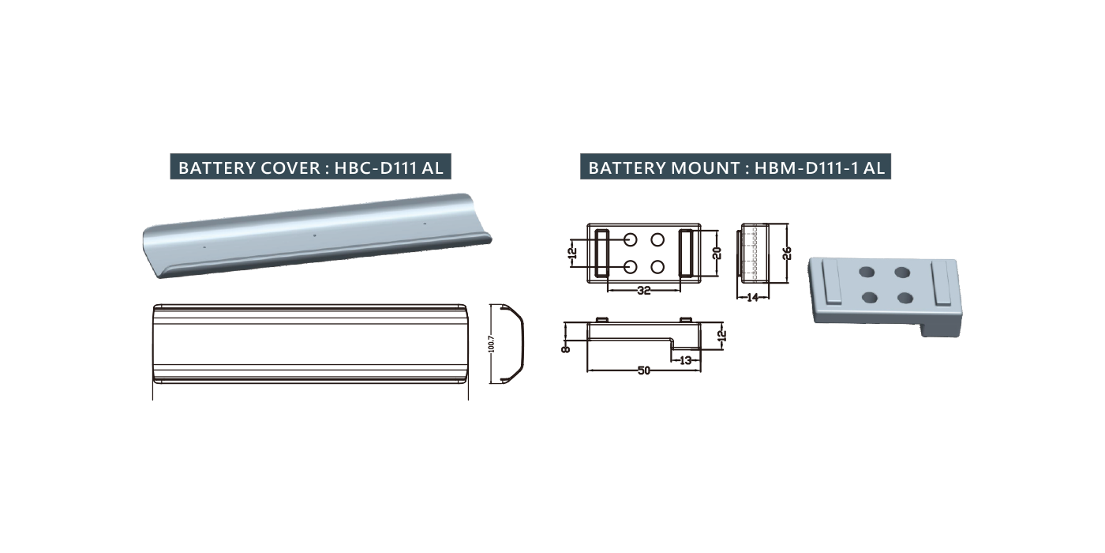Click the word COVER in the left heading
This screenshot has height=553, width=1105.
[x=290, y=167]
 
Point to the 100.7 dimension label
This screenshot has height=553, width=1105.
[x=491, y=344]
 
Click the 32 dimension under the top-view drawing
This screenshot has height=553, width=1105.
[x=644, y=291]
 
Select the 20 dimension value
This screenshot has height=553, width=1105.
[x=717, y=253]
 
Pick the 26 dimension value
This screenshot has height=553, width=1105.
[x=788, y=253]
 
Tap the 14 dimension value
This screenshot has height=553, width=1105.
[x=753, y=298]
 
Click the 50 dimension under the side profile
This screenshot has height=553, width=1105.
[x=644, y=371]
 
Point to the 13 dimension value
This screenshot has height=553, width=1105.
[x=686, y=360]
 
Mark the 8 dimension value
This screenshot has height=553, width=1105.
[x=566, y=348]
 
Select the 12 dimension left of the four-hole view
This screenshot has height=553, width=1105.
[x=573, y=254]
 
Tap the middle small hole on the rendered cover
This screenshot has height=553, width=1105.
[x=315, y=235]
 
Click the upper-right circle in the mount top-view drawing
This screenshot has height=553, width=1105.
[x=657, y=240]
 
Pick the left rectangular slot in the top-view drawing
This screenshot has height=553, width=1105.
[x=601, y=253]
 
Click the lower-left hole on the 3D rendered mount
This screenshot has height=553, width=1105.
[x=870, y=298]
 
